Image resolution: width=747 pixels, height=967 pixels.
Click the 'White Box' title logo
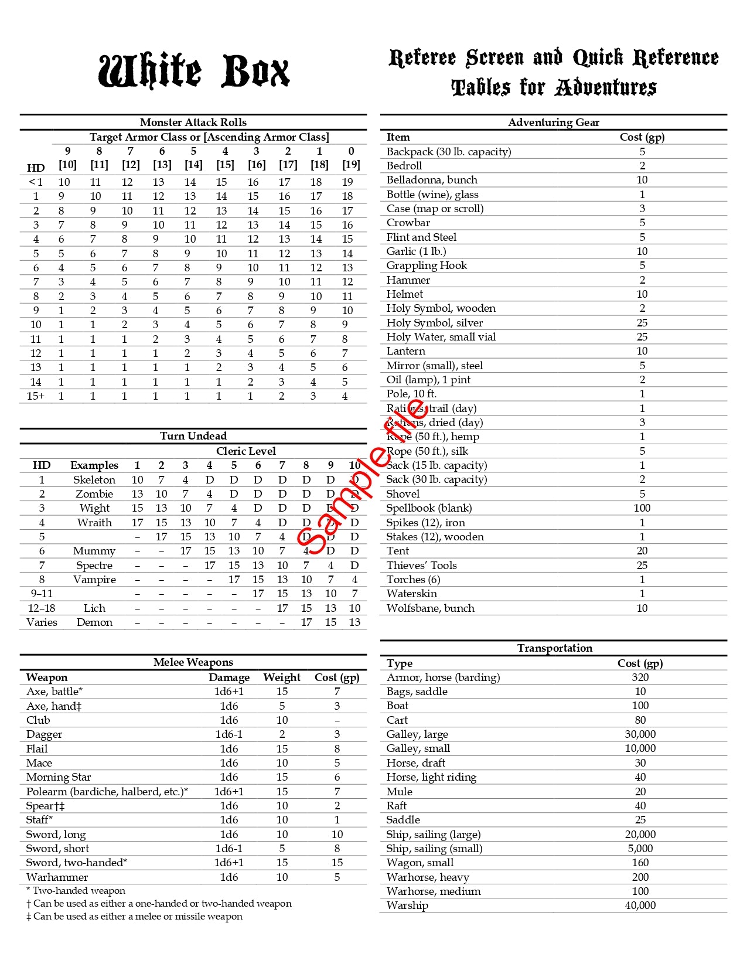pyautogui.click(x=194, y=71)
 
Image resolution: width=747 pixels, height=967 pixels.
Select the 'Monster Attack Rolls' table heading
pyautogui.click(x=193, y=122)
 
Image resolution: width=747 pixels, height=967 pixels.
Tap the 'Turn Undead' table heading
pyautogui.click(x=193, y=436)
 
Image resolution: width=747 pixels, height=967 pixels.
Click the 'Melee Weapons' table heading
pyautogui.click(x=193, y=662)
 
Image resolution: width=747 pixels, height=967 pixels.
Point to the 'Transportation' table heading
pyautogui.click(x=554, y=648)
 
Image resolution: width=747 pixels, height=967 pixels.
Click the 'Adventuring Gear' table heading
pyautogui.click(x=554, y=122)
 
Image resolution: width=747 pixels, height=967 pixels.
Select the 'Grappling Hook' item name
pyautogui.click(x=427, y=265)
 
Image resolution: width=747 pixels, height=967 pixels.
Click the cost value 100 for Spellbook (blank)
pyautogui.click(x=642, y=508)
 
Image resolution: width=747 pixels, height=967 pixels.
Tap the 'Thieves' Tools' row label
pyautogui.click(x=421, y=566)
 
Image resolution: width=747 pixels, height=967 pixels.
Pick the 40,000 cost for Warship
pyautogui.click(x=640, y=905)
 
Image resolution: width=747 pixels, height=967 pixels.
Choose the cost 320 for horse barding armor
pyautogui.click(x=640, y=677)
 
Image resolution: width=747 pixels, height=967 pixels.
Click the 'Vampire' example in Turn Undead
pyautogui.click(x=94, y=580)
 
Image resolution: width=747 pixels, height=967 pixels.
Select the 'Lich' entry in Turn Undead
pyautogui.click(x=94, y=608)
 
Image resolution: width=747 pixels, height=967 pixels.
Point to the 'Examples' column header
pyautogui.click(x=94, y=465)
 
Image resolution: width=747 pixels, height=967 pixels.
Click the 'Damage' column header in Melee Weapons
pyautogui.click(x=229, y=677)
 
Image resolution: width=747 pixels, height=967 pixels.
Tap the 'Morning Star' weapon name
pyautogui.click(x=59, y=777)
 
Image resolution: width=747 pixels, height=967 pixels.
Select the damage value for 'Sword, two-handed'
pyautogui.click(x=229, y=863)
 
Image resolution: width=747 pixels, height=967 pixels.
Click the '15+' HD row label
pyautogui.click(x=36, y=396)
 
